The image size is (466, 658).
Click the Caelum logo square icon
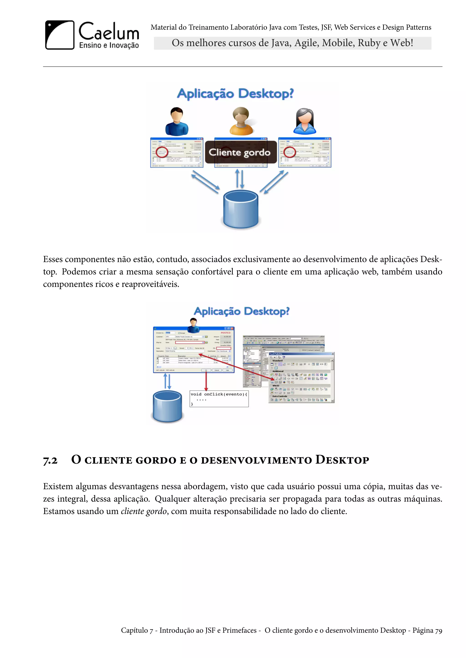pos(60,35)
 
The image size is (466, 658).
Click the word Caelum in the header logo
pos(109,32)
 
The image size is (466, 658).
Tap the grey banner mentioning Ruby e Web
pos(292,43)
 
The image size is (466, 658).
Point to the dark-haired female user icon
pos(304,121)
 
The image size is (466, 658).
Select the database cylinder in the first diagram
pos(241,209)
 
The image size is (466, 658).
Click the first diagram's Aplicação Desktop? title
pos(235,94)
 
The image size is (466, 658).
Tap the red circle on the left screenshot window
pos(162,152)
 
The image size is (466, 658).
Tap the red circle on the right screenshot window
pos(289,152)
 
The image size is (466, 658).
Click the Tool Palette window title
pos(276,354)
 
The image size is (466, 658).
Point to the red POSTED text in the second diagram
pos(225,333)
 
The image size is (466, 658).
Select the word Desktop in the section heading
pos(342,460)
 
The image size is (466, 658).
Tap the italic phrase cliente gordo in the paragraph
pos(144,511)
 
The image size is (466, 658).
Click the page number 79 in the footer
pos(438,631)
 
